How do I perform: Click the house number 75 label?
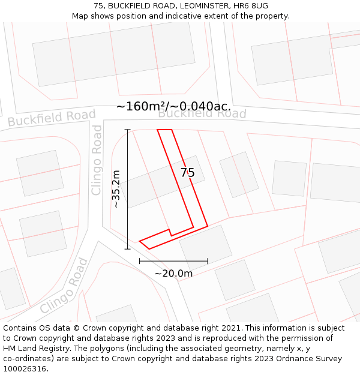coord(188,173)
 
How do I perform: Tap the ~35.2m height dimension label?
coord(116,189)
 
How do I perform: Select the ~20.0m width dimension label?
coord(173,274)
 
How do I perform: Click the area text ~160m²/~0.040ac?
coord(173,106)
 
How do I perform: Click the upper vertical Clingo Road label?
coord(97,160)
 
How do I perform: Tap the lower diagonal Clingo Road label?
coord(64,286)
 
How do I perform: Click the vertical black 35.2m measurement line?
coord(127,189)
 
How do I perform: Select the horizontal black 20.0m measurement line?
coord(173,261)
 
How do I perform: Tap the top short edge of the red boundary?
coord(164,130)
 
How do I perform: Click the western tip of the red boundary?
coord(140,241)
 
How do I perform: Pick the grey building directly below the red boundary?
coord(206,246)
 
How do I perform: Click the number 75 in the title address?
coord(99,5)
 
